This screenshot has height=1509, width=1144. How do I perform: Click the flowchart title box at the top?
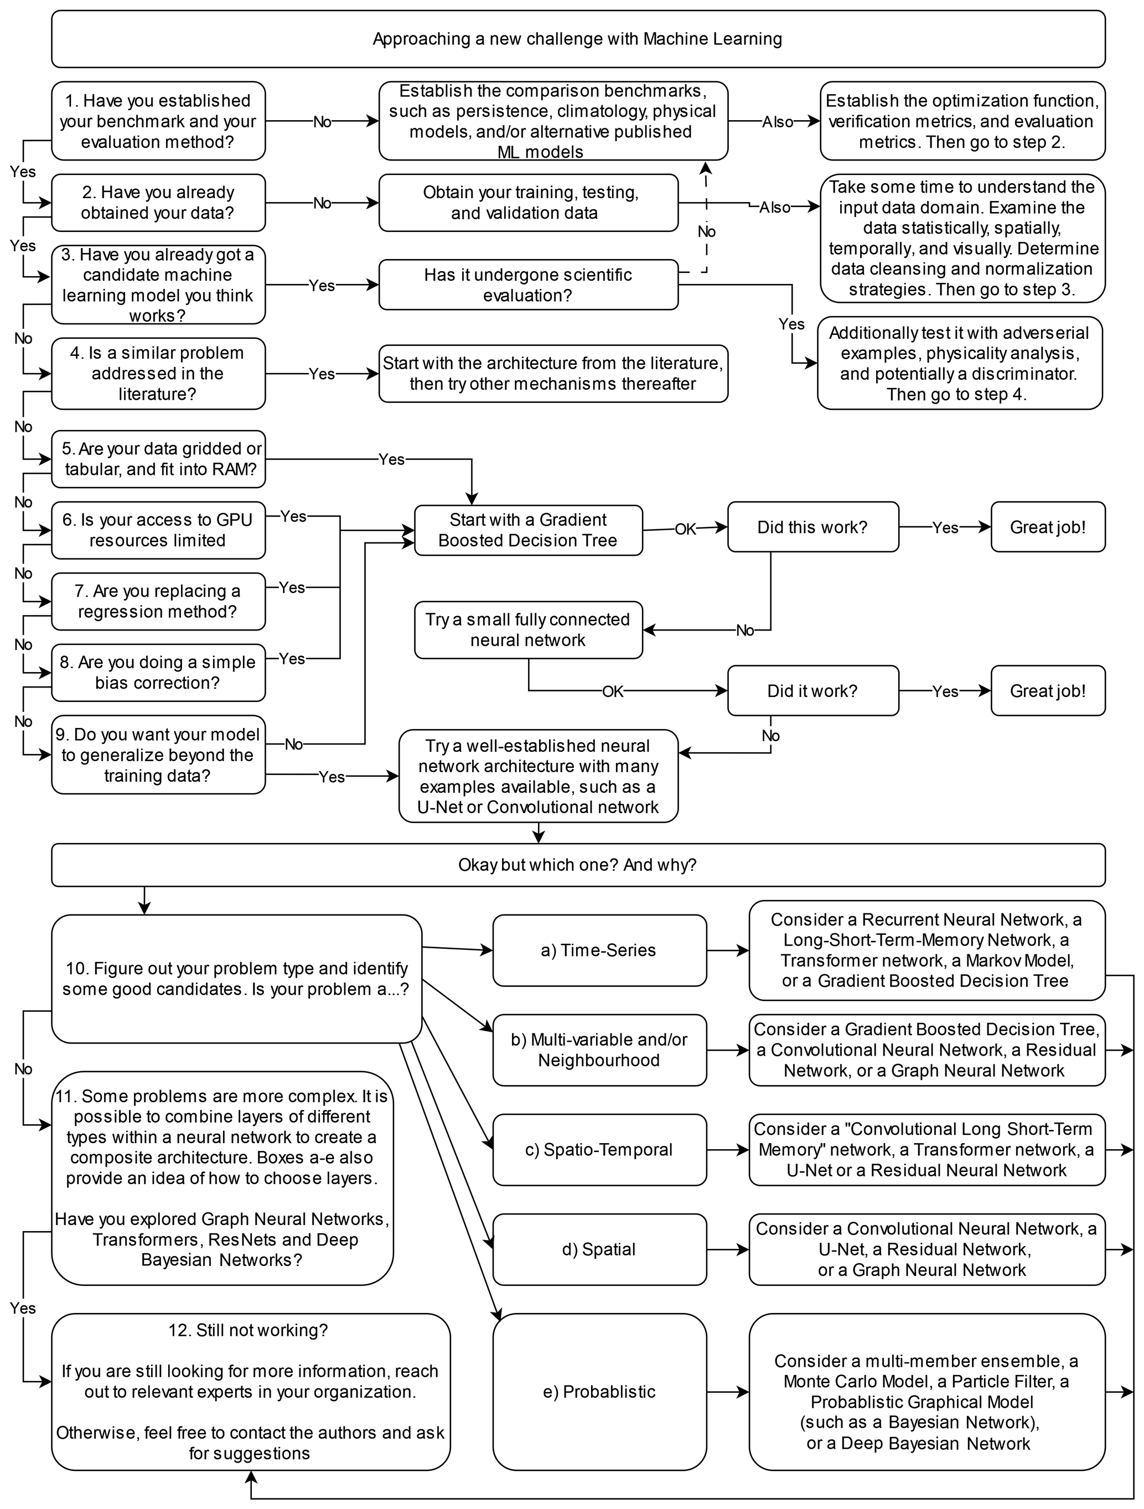point(578,39)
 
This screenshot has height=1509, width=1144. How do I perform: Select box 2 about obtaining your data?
point(158,203)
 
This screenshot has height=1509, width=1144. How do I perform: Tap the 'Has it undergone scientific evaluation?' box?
point(528,285)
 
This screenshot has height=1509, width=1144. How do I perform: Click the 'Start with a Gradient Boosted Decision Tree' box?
point(528,530)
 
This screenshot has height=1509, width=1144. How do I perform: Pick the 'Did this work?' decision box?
point(812,528)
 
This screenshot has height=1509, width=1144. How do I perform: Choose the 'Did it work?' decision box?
point(812,691)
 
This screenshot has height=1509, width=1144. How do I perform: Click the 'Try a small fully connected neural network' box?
point(528,629)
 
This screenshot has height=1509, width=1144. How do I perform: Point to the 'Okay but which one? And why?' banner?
point(578,865)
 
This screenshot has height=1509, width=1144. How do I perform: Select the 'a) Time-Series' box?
point(599,950)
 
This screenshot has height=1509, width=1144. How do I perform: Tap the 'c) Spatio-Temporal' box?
point(599,1150)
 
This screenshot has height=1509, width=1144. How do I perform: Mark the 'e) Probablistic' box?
point(599,1392)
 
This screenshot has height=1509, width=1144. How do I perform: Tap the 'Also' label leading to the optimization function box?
point(778,121)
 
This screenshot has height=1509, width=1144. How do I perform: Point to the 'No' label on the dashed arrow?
point(706,232)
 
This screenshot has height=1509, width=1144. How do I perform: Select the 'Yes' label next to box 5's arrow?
point(391,459)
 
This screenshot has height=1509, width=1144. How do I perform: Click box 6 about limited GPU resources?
point(158,530)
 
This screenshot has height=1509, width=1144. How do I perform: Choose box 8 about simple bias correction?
point(158,673)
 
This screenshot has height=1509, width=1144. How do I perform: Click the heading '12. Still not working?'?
point(249,1330)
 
